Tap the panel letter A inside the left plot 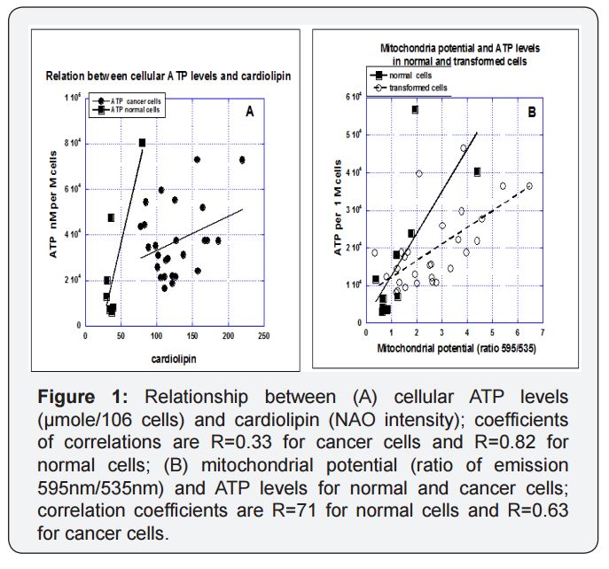[x=250, y=111]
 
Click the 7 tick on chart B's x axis [x=541, y=330]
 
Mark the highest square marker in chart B [x=415, y=109]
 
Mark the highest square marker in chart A [x=142, y=142]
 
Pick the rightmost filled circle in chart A [x=242, y=160]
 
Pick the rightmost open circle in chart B [x=529, y=186]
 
